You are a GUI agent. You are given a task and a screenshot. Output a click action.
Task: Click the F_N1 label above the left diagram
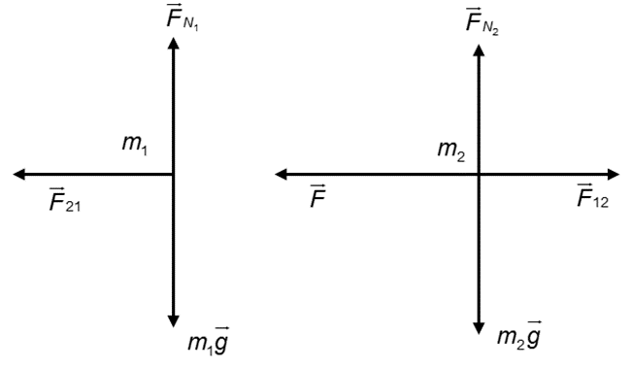pyautogui.click(x=183, y=18)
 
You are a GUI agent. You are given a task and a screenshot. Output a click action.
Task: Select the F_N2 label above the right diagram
pyautogui.click(x=482, y=21)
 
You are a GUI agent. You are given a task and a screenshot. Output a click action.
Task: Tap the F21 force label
pyautogui.click(x=65, y=199)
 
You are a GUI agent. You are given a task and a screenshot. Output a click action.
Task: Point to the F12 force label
pyautogui.click(x=592, y=195)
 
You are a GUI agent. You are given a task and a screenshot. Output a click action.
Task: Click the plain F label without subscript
pyautogui.click(x=317, y=196)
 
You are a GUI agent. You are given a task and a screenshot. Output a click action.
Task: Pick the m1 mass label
pyautogui.click(x=135, y=144)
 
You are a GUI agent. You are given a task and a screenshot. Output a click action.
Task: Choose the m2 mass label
pyautogui.click(x=451, y=151)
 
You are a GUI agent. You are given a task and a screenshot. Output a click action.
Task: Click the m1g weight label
pyautogui.click(x=209, y=341)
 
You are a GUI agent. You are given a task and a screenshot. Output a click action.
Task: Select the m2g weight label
pyautogui.click(x=519, y=335)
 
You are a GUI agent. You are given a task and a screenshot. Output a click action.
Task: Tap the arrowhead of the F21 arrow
pyautogui.click(x=18, y=175)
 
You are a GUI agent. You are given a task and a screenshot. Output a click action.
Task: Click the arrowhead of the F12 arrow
pyautogui.click(x=614, y=175)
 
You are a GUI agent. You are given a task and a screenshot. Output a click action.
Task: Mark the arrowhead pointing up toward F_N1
pyautogui.click(x=174, y=43)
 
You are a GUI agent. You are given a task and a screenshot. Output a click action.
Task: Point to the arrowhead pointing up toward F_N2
pyautogui.click(x=479, y=50)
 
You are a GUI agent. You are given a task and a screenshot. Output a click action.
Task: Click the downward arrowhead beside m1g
pyautogui.click(x=174, y=320)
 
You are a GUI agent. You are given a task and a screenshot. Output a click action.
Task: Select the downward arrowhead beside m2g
pyautogui.click(x=479, y=328)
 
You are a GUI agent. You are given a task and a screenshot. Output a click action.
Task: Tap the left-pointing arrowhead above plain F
pyautogui.click(x=281, y=175)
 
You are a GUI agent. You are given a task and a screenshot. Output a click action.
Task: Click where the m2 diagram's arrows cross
pyautogui.click(x=479, y=175)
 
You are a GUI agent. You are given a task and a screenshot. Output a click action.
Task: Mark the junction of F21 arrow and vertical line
pyautogui.click(x=174, y=175)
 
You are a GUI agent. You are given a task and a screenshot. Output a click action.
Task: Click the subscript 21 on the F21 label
pyautogui.click(x=73, y=206)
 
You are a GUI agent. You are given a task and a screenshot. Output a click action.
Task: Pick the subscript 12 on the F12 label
pyautogui.click(x=601, y=202)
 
